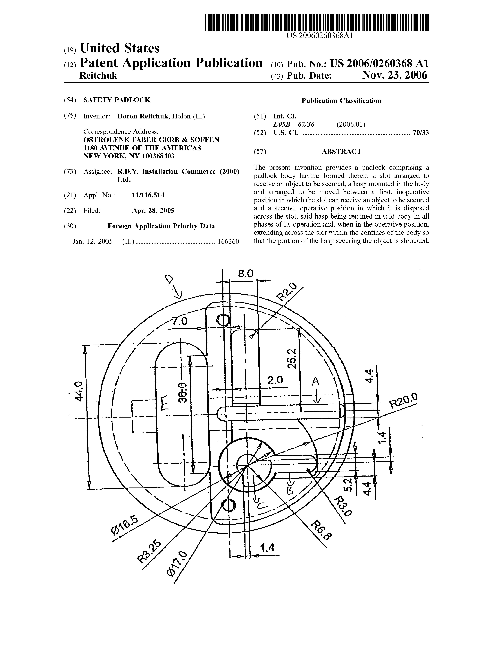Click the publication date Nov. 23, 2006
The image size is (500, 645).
(x=395, y=75)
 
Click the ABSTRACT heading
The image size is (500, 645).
(x=341, y=151)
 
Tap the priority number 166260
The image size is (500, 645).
(x=228, y=241)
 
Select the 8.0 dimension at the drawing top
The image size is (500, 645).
(x=246, y=273)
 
